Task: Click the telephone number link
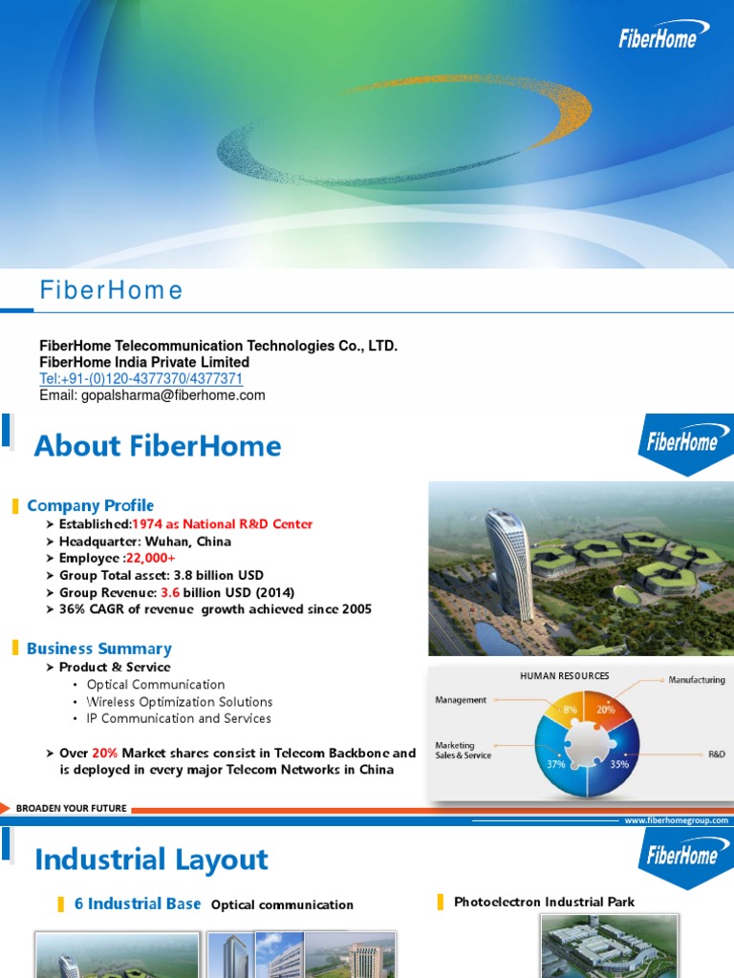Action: point(140,379)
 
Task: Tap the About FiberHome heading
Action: point(158,446)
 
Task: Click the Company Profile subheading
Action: point(90,505)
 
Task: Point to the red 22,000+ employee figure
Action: point(143,559)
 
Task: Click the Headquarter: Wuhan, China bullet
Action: point(145,542)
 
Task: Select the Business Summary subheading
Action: point(98,648)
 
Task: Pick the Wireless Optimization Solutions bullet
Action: point(180,701)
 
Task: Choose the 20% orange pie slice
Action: point(605,710)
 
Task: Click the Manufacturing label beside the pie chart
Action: point(697,680)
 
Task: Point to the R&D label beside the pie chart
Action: point(717,754)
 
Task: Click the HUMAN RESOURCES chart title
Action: point(564,675)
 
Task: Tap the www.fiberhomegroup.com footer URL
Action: point(676,820)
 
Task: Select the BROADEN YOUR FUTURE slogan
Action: point(71,808)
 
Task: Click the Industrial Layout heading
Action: point(151,860)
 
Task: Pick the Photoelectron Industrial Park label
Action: point(544,902)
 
